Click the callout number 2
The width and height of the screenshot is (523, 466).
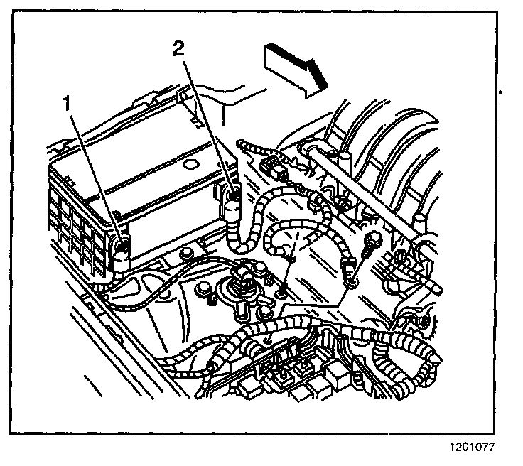[180, 49]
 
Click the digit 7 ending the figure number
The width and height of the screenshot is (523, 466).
[491, 448]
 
